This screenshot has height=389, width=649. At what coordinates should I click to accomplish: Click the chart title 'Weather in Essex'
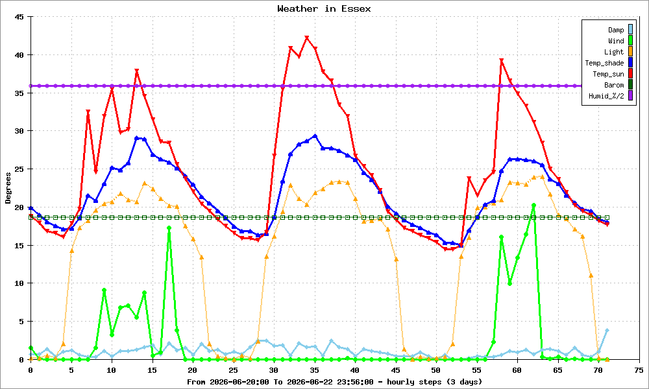(324, 8)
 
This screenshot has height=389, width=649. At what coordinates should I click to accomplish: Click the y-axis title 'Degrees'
(8, 188)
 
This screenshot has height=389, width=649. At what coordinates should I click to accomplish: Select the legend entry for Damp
(620, 30)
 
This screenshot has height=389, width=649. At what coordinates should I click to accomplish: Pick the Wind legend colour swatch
(630, 40)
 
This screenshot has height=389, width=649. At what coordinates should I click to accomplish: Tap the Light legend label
(613, 52)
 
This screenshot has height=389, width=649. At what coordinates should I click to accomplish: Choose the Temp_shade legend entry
(609, 63)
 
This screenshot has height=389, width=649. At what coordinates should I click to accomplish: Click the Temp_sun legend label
(608, 74)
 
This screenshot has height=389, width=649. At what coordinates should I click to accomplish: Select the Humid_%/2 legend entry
(611, 97)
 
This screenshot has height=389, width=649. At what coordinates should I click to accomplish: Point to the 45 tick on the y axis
(19, 17)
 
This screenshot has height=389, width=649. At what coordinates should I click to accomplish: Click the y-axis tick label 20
(19, 207)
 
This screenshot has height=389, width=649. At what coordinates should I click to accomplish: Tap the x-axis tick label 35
(314, 370)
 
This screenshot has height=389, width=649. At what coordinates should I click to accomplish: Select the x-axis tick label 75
(639, 370)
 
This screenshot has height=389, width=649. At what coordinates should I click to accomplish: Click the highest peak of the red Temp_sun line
(307, 38)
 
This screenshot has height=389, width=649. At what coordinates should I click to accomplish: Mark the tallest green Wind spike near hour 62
(534, 205)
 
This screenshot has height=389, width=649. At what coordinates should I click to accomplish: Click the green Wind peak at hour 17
(169, 228)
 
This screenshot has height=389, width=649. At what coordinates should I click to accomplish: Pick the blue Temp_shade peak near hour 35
(315, 136)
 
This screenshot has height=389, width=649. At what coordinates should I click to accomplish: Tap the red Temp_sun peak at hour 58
(501, 60)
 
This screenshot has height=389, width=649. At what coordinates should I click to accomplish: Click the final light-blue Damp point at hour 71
(607, 330)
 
